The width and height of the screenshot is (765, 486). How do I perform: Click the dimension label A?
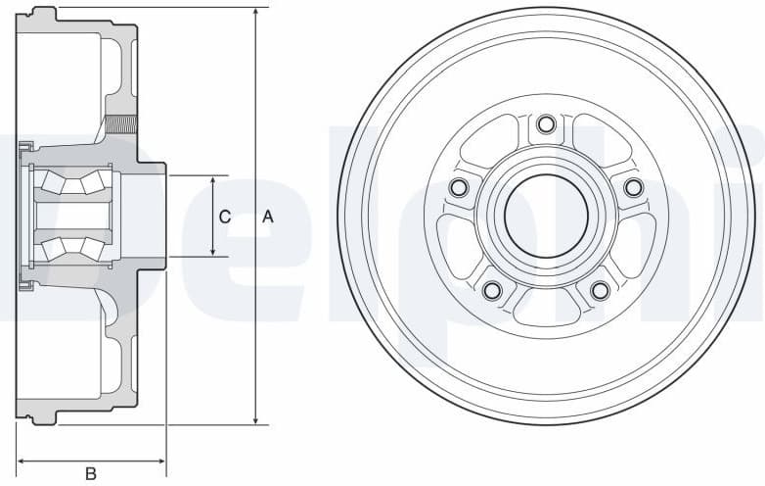click(268, 218)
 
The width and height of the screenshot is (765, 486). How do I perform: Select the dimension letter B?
click(91, 474)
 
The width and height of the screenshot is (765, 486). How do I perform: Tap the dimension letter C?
click(224, 218)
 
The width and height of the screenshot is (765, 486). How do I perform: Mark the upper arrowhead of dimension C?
click(213, 181)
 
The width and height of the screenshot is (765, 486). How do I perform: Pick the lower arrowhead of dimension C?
click(213, 252)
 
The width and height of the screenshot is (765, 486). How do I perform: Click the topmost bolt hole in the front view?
click(546, 124)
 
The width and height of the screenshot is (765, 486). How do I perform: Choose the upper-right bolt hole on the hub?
click(633, 187)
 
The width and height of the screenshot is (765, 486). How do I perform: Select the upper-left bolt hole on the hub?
click(459, 187)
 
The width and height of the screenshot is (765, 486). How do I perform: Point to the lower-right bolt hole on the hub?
click(600, 290)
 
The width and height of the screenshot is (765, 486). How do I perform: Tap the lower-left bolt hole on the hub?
click(492, 290)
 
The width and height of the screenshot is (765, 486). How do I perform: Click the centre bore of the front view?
click(546, 216)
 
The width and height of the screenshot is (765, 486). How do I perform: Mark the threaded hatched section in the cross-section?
click(121, 124)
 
